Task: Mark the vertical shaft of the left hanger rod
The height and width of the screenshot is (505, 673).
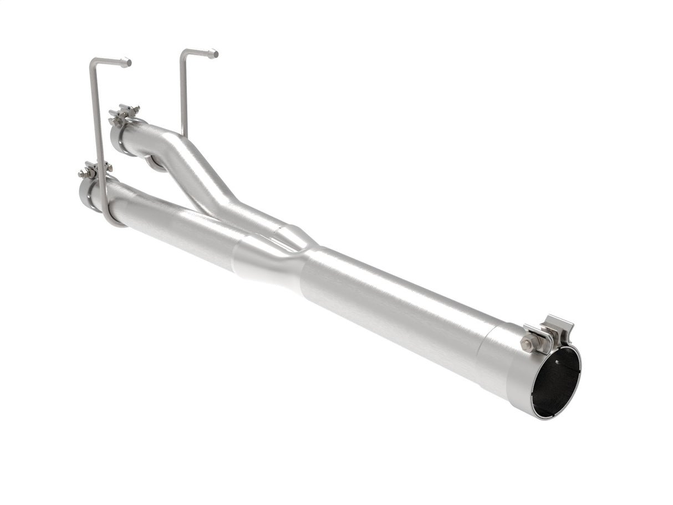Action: (x=98, y=127)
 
